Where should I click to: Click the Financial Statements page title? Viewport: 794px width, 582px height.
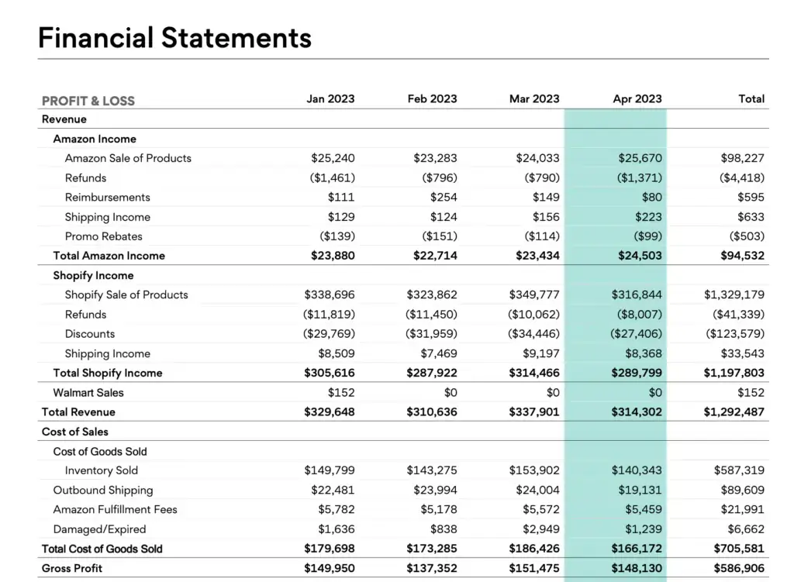coord(174,37)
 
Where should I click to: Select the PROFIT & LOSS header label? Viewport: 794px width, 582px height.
coord(88,101)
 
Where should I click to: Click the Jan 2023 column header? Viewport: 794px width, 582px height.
coord(330,99)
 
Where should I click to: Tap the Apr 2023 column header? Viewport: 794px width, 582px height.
coord(637,99)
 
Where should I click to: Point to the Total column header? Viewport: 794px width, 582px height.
coord(751,99)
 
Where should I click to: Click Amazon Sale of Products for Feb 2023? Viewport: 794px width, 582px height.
coord(435,158)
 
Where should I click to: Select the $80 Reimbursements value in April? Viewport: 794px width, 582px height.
coord(652,198)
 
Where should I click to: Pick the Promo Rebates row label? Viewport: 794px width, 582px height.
coord(104,236)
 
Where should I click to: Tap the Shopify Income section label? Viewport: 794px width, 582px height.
coord(93,276)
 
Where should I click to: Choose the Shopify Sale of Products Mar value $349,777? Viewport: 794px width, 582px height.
coord(534,295)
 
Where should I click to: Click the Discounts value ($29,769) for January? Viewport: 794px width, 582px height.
coord(329,334)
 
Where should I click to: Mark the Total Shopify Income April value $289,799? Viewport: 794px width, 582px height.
coord(637,373)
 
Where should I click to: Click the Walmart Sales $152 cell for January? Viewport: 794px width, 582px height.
coord(341,393)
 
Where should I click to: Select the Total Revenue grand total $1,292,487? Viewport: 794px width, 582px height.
coord(734,412)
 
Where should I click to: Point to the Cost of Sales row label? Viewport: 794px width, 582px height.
coord(75,432)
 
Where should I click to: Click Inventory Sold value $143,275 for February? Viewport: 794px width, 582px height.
coord(432,470)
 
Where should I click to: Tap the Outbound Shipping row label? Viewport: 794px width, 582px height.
coord(103,491)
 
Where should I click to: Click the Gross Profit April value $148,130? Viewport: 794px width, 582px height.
coord(637,568)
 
